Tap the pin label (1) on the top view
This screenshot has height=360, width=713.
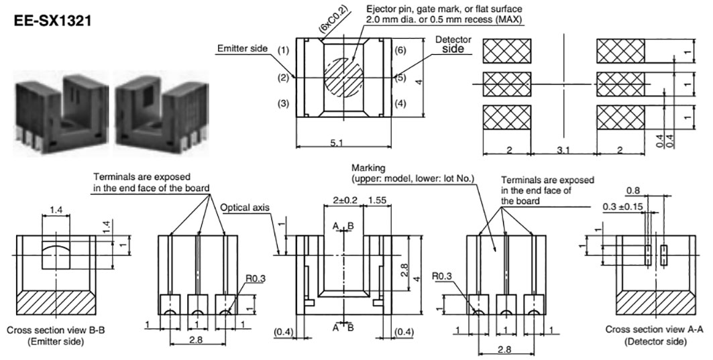[284, 50]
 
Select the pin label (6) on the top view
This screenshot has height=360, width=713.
[400, 50]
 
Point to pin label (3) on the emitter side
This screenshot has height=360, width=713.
[284, 104]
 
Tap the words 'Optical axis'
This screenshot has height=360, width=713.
[245, 207]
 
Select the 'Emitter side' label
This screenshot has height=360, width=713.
[242, 48]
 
